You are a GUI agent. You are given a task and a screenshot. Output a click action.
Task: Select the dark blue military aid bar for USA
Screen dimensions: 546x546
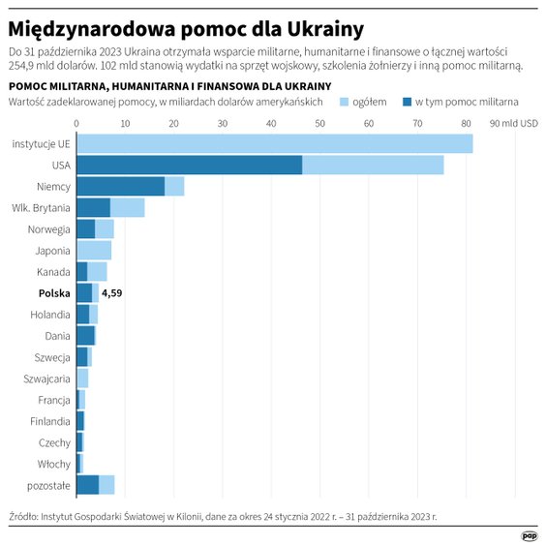click(189, 166)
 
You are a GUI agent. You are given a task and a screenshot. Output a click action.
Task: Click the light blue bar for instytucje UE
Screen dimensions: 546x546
click(274, 143)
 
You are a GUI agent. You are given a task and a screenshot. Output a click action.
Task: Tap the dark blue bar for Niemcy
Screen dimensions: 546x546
click(120, 187)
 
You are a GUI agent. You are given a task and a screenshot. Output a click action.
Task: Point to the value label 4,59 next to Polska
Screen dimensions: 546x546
click(112, 293)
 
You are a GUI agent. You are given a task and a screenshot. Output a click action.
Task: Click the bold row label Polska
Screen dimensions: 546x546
click(53, 293)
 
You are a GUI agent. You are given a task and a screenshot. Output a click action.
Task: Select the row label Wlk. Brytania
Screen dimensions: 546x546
click(41, 208)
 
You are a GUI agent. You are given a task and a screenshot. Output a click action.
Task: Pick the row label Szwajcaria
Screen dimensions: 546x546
click(45, 379)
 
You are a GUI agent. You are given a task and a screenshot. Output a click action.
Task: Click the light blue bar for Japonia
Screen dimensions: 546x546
click(94, 251)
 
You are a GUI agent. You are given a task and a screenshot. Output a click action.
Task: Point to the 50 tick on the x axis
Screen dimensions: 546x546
click(320, 123)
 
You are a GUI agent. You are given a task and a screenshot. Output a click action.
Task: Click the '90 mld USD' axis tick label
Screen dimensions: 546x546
click(513, 123)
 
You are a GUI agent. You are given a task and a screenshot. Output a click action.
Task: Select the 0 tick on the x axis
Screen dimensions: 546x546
click(76, 123)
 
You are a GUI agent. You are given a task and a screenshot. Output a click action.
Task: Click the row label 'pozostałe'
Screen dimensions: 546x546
click(47, 485)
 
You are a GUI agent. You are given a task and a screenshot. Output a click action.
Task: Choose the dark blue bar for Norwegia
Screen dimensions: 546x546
click(85, 229)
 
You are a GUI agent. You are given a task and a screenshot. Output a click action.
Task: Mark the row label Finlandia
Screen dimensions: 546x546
click(48, 421)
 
